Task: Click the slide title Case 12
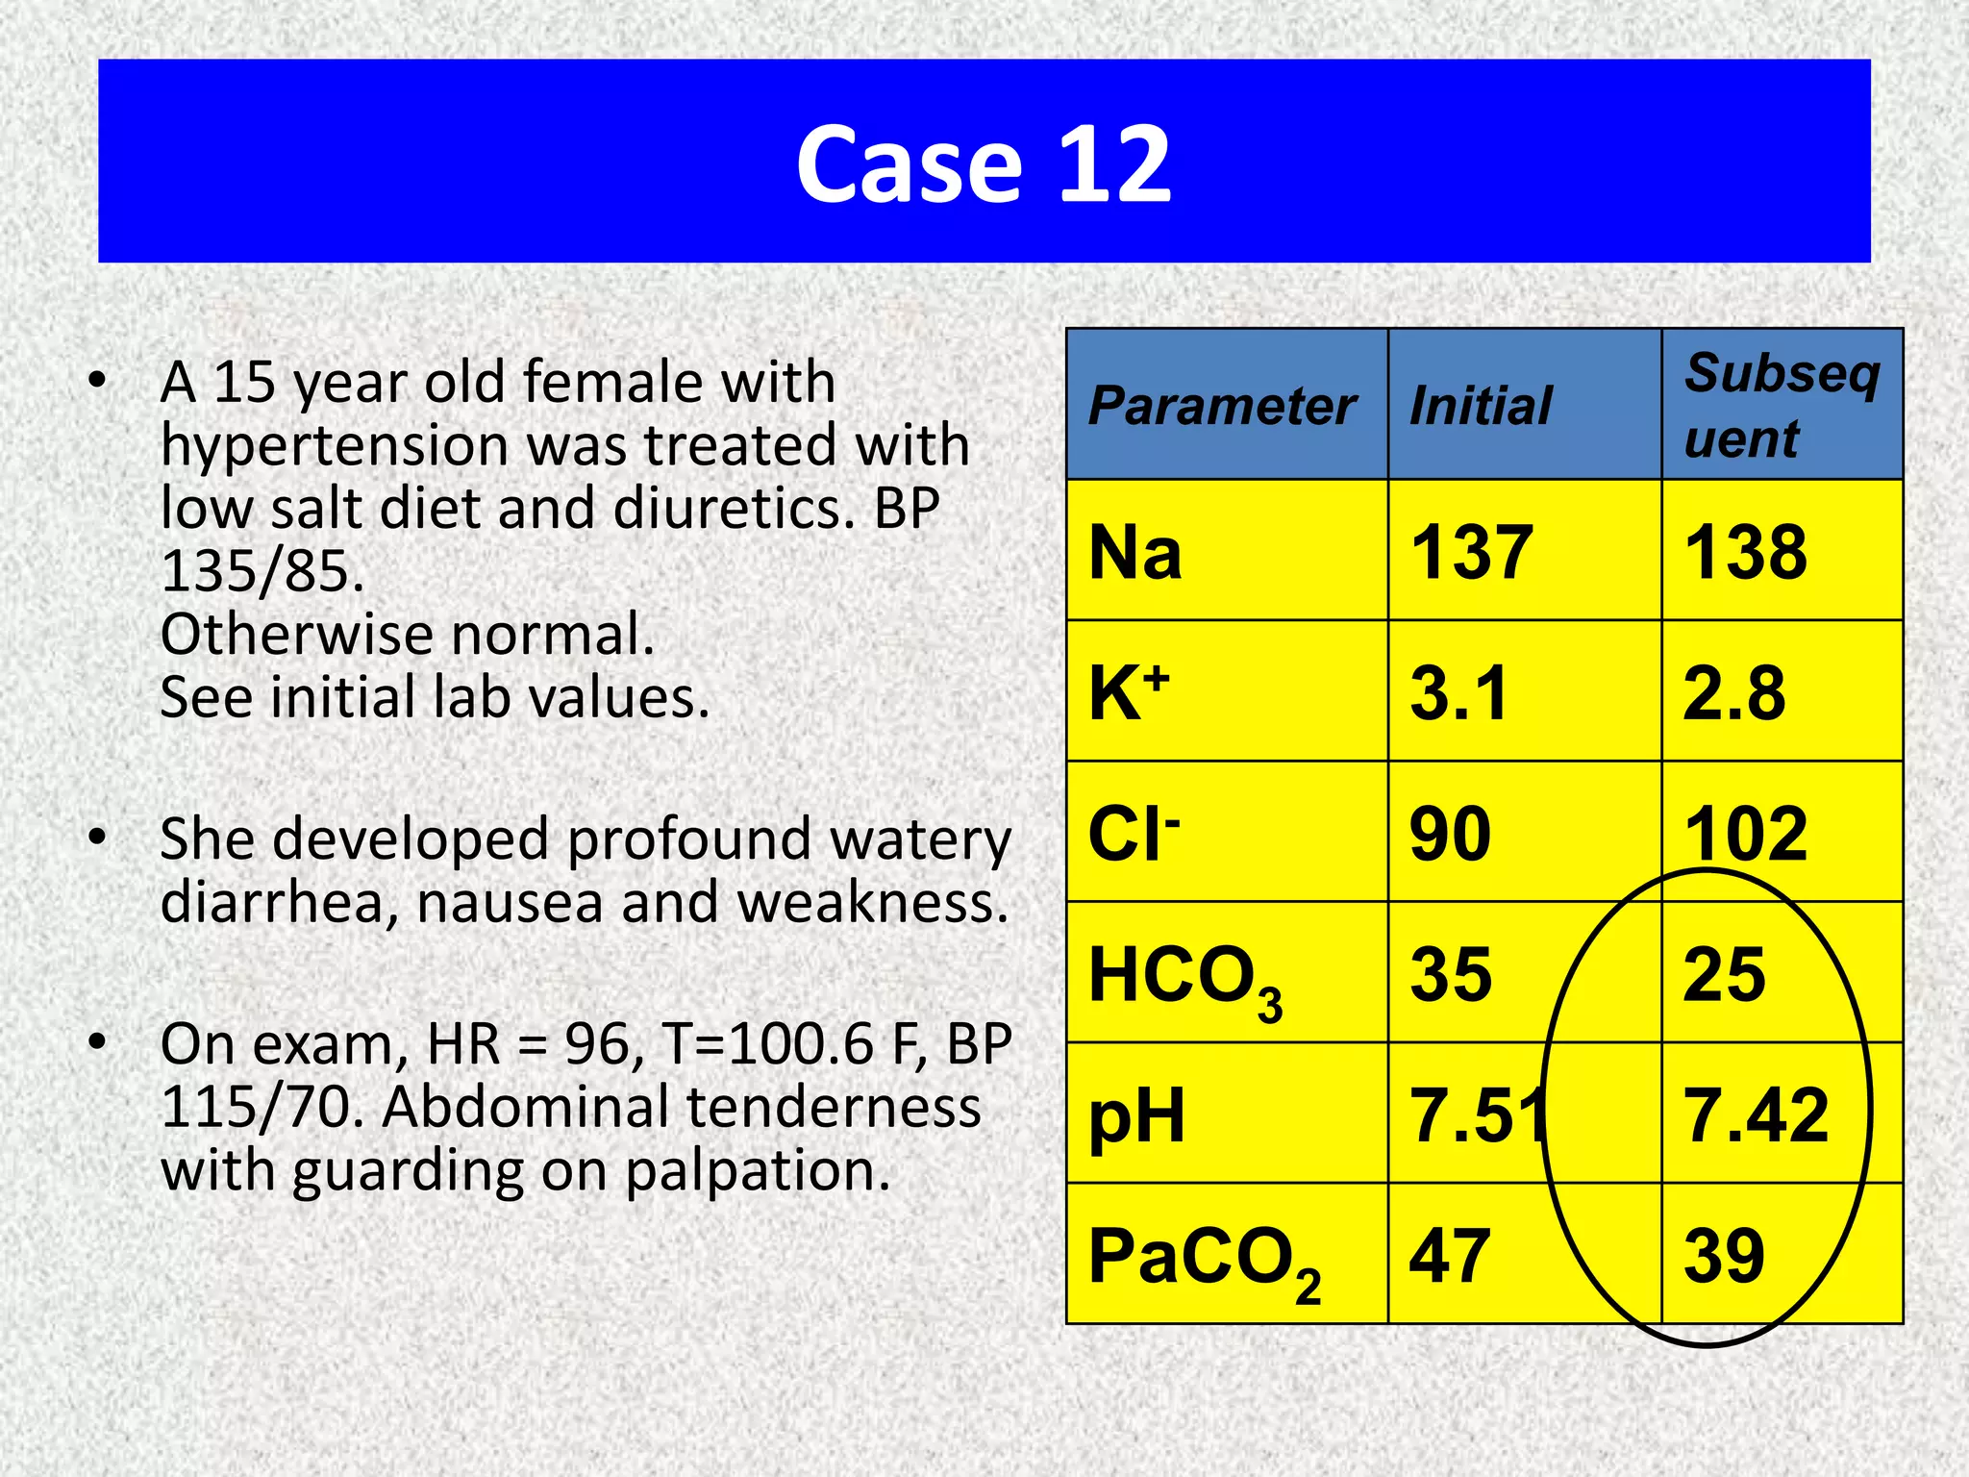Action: click(984, 164)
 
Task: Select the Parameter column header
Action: click(1222, 406)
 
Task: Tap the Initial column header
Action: click(1481, 406)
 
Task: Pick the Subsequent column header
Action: click(1782, 405)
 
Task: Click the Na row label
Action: click(1134, 553)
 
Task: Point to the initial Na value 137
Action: click(1471, 553)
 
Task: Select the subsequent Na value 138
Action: click(1745, 553)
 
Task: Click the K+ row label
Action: click(1129, 692)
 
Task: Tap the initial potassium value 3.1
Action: click(1458, 692)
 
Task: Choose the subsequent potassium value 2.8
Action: click(1733, 692)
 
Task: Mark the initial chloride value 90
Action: click(1451, 834)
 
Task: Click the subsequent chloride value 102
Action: click(1745, 834)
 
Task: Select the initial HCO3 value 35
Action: click(1451, 974)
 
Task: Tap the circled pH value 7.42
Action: click(1756, 1115)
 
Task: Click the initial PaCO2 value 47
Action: click(1450, 1256)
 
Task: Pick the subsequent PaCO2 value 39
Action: click(1724, 1256)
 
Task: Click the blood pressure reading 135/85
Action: click(262, 571)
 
